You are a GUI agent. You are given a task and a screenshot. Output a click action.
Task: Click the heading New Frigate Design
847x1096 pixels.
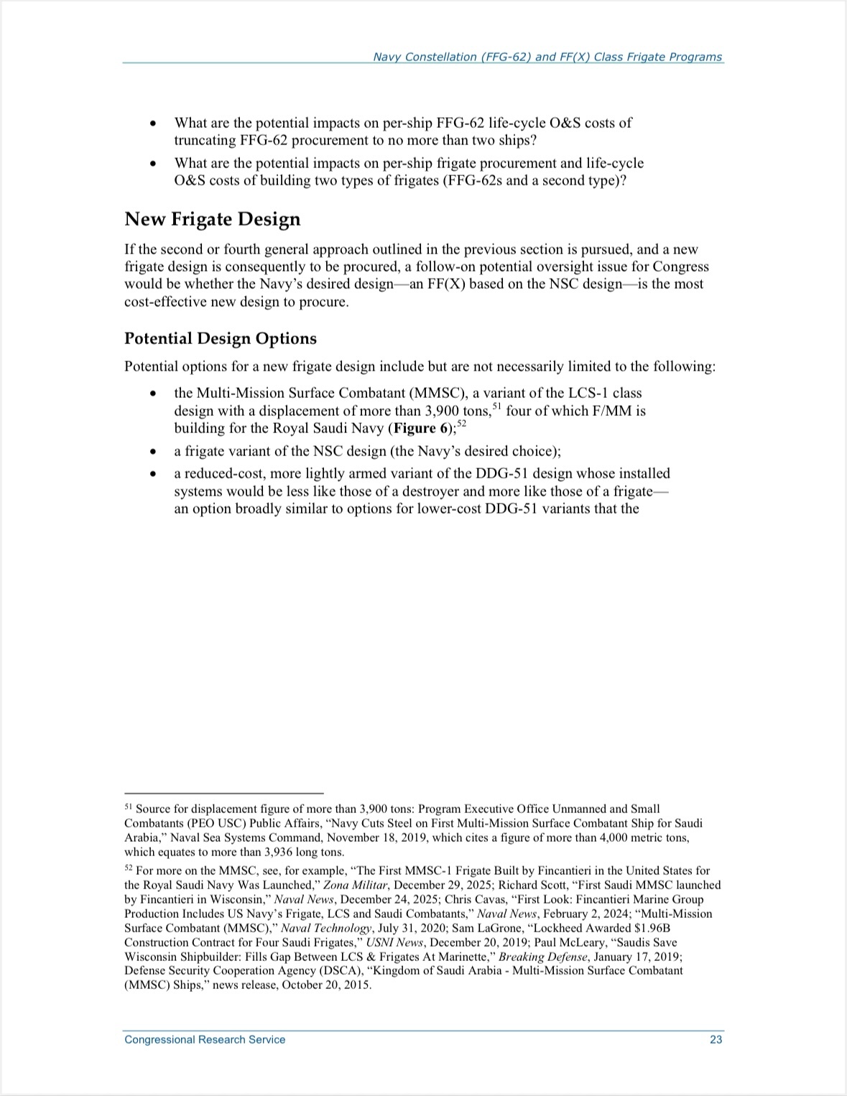coord(213,219)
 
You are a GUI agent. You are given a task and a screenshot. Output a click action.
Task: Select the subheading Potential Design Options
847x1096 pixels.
coord(221,338)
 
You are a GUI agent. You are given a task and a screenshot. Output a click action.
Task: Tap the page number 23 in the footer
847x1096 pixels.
coord(716,1039)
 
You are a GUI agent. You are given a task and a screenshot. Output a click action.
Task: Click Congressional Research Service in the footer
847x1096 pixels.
coord(205,1039)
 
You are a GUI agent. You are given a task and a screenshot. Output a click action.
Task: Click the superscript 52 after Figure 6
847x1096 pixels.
coord(462,424)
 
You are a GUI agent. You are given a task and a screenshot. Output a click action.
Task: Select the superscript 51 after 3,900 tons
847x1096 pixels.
coord(496,407)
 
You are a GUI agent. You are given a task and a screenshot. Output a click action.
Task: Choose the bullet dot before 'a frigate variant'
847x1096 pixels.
coord(152,452)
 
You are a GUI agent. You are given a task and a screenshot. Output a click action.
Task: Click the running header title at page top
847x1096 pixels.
coord(547,57)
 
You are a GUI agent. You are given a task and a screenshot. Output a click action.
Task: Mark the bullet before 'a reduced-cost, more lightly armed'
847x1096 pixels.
coord(152,474)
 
